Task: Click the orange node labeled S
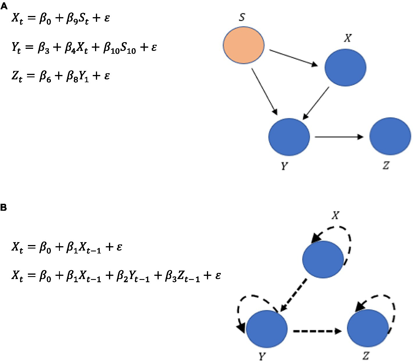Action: click(244, 45)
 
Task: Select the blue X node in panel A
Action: click(345, 67)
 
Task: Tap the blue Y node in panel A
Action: click(289, 137)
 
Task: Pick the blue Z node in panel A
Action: click(390, 136)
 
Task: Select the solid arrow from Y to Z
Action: click(339, 137)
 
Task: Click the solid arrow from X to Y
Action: click(316, 103)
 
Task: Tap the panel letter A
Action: click(4, 6)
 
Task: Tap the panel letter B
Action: click(3, 208)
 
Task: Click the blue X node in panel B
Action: click(323, 259)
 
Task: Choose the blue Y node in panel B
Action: click(267, 329)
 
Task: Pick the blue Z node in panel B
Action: click(368, 328)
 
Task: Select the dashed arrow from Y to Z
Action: click(317, 331)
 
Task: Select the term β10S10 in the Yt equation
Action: click(119, 48)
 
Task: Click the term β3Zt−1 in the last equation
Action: click(182, 276)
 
